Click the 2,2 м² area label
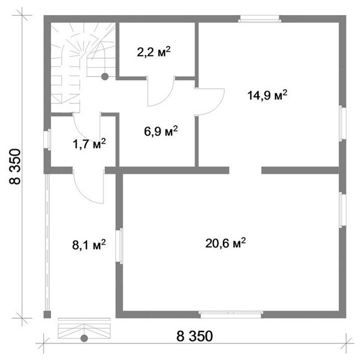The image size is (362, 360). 154,52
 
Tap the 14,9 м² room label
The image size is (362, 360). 267,95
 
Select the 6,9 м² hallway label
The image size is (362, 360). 161,131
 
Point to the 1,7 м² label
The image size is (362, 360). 89,144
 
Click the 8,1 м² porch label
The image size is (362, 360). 89,245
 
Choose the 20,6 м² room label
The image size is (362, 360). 225,243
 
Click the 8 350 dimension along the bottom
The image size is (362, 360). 195,336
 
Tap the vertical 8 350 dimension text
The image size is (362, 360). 15,166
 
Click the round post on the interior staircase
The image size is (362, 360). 105,77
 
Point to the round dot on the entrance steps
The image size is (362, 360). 84,338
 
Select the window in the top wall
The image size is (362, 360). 260,19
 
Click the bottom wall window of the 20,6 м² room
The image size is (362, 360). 231,314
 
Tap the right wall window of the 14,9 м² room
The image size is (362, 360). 342,123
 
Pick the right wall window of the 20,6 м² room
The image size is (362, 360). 342,210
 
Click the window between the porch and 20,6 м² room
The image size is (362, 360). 119,246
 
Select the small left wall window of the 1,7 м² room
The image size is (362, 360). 47,140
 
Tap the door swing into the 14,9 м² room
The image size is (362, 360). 210,102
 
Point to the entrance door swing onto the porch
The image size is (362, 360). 89,187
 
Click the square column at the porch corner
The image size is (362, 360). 47,315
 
